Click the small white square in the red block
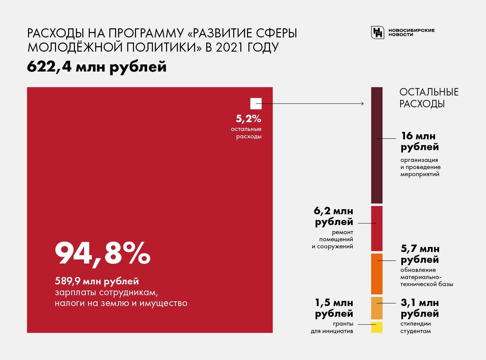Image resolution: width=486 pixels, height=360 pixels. [256, 103]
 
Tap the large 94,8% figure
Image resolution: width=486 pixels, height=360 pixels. [103, 253]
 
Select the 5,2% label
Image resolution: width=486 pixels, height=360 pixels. [248, 119]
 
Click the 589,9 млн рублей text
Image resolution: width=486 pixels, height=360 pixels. [97, 281]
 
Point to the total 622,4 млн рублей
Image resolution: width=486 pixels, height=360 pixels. [97, 66]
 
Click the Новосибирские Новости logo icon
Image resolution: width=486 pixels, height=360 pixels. [378, 32]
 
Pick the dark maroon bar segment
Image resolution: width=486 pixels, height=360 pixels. [377, 145]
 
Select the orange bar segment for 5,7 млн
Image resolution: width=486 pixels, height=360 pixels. [377, 274]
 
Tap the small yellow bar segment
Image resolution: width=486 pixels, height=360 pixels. [377, 327]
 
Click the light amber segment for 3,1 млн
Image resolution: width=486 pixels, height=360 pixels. [377, 308]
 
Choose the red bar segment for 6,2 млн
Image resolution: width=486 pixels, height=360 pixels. [377, 228]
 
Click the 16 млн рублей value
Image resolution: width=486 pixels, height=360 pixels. [420, 141]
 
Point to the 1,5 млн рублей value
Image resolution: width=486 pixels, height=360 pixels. [334, 308]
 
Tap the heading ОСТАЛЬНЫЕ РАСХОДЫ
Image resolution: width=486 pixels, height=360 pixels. [429, 98]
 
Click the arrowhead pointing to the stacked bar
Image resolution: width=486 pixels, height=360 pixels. [362, 104]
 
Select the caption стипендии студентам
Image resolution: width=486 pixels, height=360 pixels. [415, 327]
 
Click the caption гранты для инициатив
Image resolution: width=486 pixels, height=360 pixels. [332, 327]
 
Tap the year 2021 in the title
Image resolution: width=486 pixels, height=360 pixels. [230, 47]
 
